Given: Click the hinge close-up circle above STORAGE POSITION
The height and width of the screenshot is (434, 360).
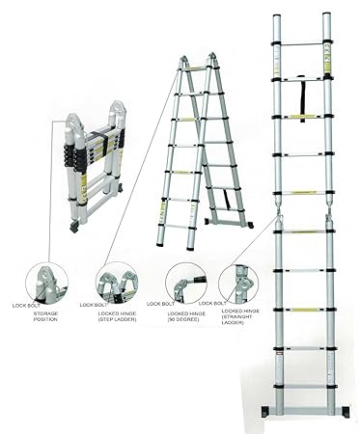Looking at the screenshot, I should tap(45, 283).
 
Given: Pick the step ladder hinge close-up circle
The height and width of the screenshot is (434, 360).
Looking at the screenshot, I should tap(117, 283).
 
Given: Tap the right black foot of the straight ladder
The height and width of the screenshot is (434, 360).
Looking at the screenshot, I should tap(339, 415).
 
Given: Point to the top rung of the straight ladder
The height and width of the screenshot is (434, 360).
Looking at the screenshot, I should tap(302, 45).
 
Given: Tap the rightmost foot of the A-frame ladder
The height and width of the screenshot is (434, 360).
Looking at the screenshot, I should tap(250, 227).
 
